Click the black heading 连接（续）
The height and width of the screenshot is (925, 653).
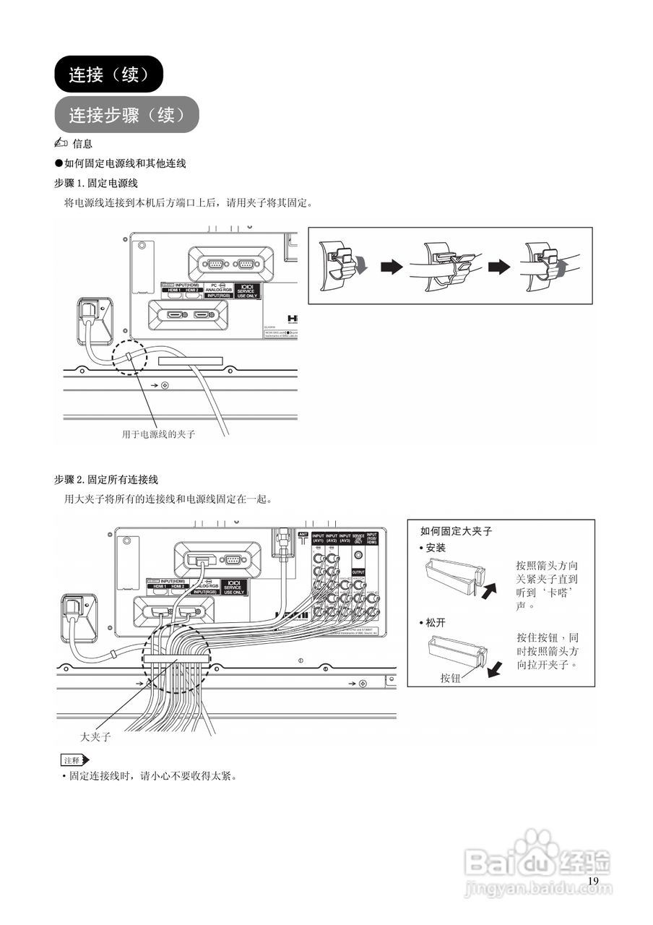pyautogui.click(x=109, y=74)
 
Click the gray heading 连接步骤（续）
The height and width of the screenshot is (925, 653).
pyautogui.click(x=126, y=114)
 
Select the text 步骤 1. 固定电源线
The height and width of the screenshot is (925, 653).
pyautogui.click(x=96, y=184)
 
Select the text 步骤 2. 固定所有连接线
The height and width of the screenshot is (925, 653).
pyautogui.click(x=106, y=479)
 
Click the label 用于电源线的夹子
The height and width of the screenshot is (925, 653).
pyautogui.click(x=158, y=435)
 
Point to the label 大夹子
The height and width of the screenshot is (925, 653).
pyautogui.click(x=95, y=738)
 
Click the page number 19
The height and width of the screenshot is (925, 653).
pyautogui.click(x=593, y=881)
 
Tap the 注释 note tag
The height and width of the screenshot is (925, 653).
pyautogui.click(x=73, y=760)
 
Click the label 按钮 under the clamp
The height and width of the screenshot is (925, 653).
pyautogui.click(x=451, y=678)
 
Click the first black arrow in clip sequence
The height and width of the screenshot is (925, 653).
pyautogui.click(x=391, y=267)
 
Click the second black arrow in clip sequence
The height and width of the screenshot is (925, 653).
pyautogui.click(x=498, y=267)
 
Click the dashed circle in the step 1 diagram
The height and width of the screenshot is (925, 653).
pyautogui.click(x=129, y=354)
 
